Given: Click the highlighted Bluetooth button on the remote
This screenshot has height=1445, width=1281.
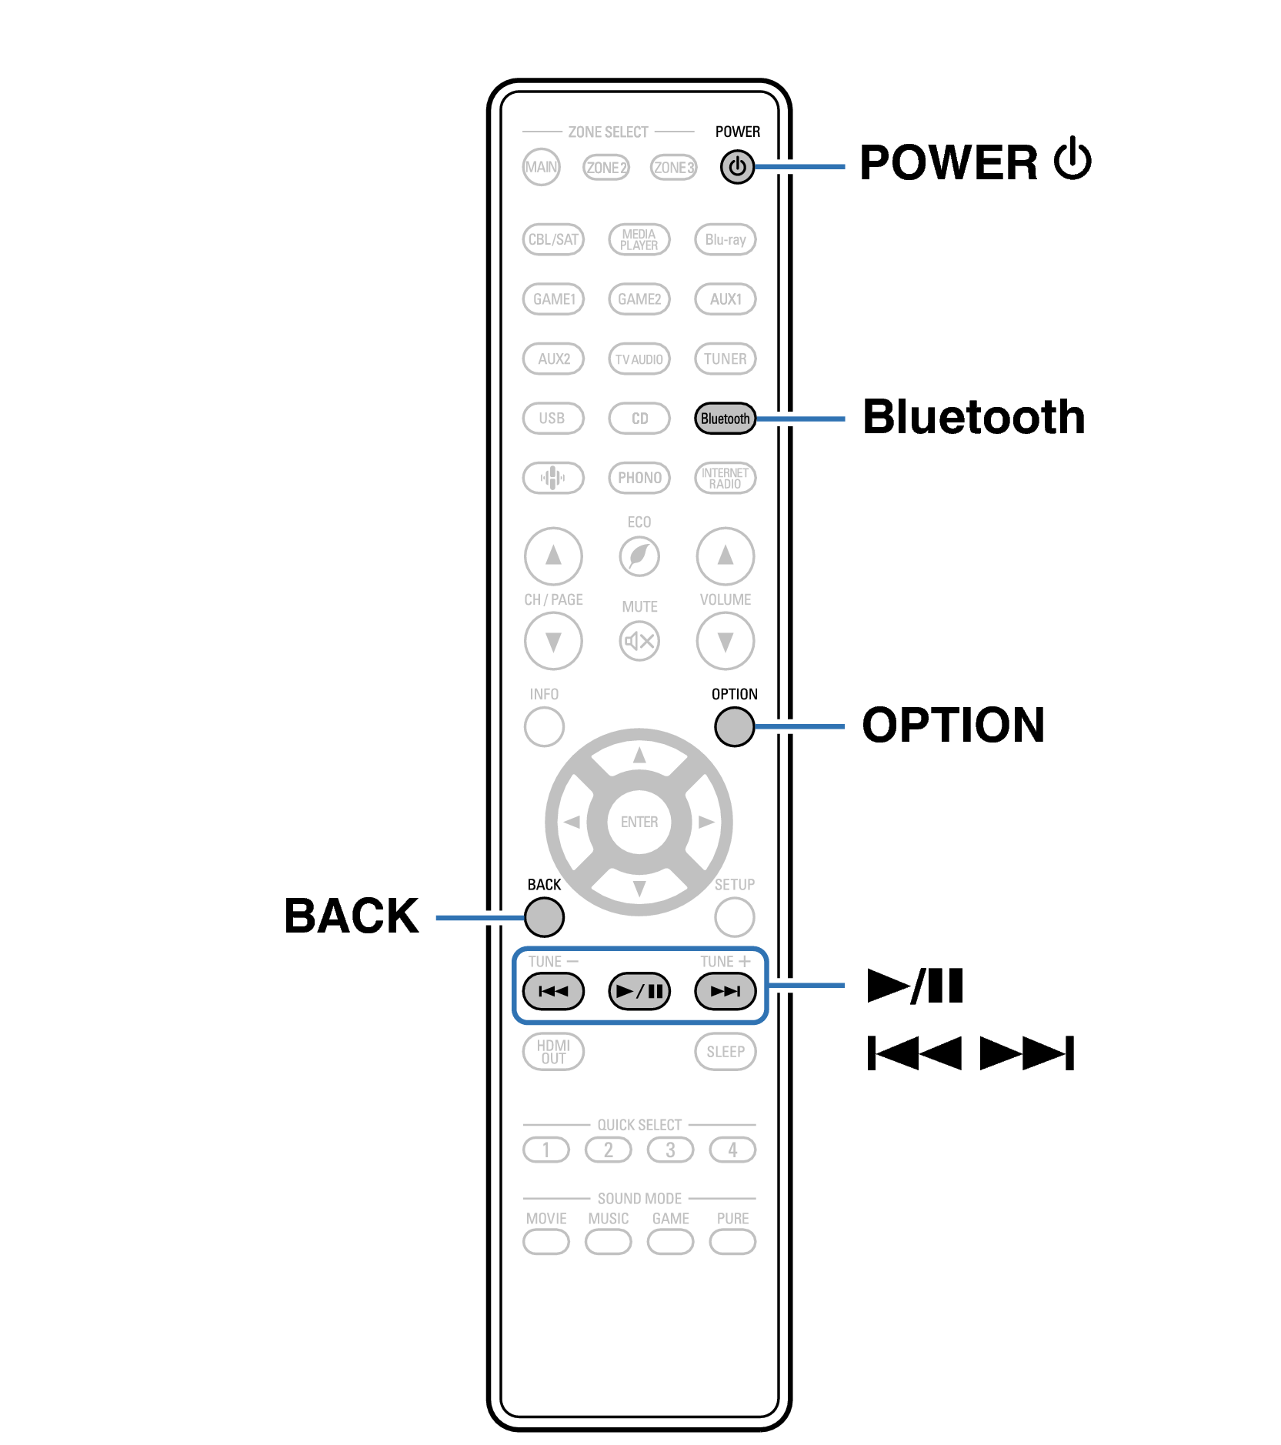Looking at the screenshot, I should [724, 419].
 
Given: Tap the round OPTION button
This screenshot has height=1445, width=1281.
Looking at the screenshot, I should [734, 726].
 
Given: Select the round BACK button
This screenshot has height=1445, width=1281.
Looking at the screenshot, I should [544, 916].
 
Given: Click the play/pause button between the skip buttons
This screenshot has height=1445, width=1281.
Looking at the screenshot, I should [639, 991].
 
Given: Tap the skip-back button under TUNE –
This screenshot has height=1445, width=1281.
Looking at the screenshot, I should [553, 991].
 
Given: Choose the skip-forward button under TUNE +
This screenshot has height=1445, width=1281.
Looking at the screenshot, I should [725, 991].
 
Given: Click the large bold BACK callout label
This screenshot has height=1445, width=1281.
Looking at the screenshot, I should [351, 916].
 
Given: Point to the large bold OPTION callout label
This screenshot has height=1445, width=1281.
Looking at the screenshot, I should [952, 725].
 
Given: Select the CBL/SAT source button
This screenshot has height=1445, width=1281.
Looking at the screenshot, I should [553, 239].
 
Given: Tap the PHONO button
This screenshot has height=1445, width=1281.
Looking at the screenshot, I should [639, 478].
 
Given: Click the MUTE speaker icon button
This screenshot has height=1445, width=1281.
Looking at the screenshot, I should [639, 641].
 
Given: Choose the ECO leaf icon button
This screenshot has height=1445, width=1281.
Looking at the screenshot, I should [639, 556].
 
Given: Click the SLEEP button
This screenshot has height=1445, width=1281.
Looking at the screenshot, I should [725, 1052].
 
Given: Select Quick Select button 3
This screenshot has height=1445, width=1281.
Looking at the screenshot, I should [670, 1150].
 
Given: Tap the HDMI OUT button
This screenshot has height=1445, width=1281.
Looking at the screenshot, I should [553, 1052].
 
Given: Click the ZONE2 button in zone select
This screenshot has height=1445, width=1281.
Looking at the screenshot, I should [606, 167].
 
